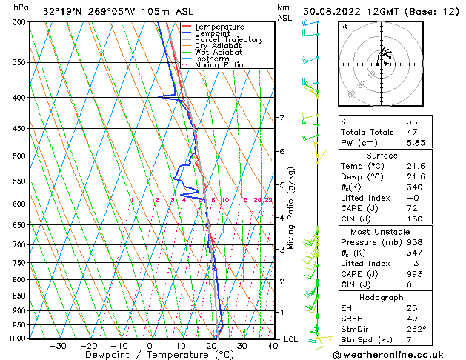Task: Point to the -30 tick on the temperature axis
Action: pos(58,345)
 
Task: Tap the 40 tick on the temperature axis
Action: pos(273,345)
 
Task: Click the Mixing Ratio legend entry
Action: pos(219,65)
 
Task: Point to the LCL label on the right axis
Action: pos(292,339)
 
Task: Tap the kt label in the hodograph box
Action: pos(344,26)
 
